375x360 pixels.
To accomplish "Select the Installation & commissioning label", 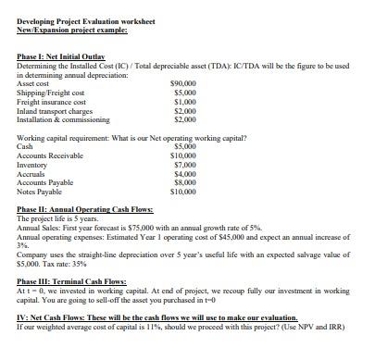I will pyautogui.click(x=60, y=119).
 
